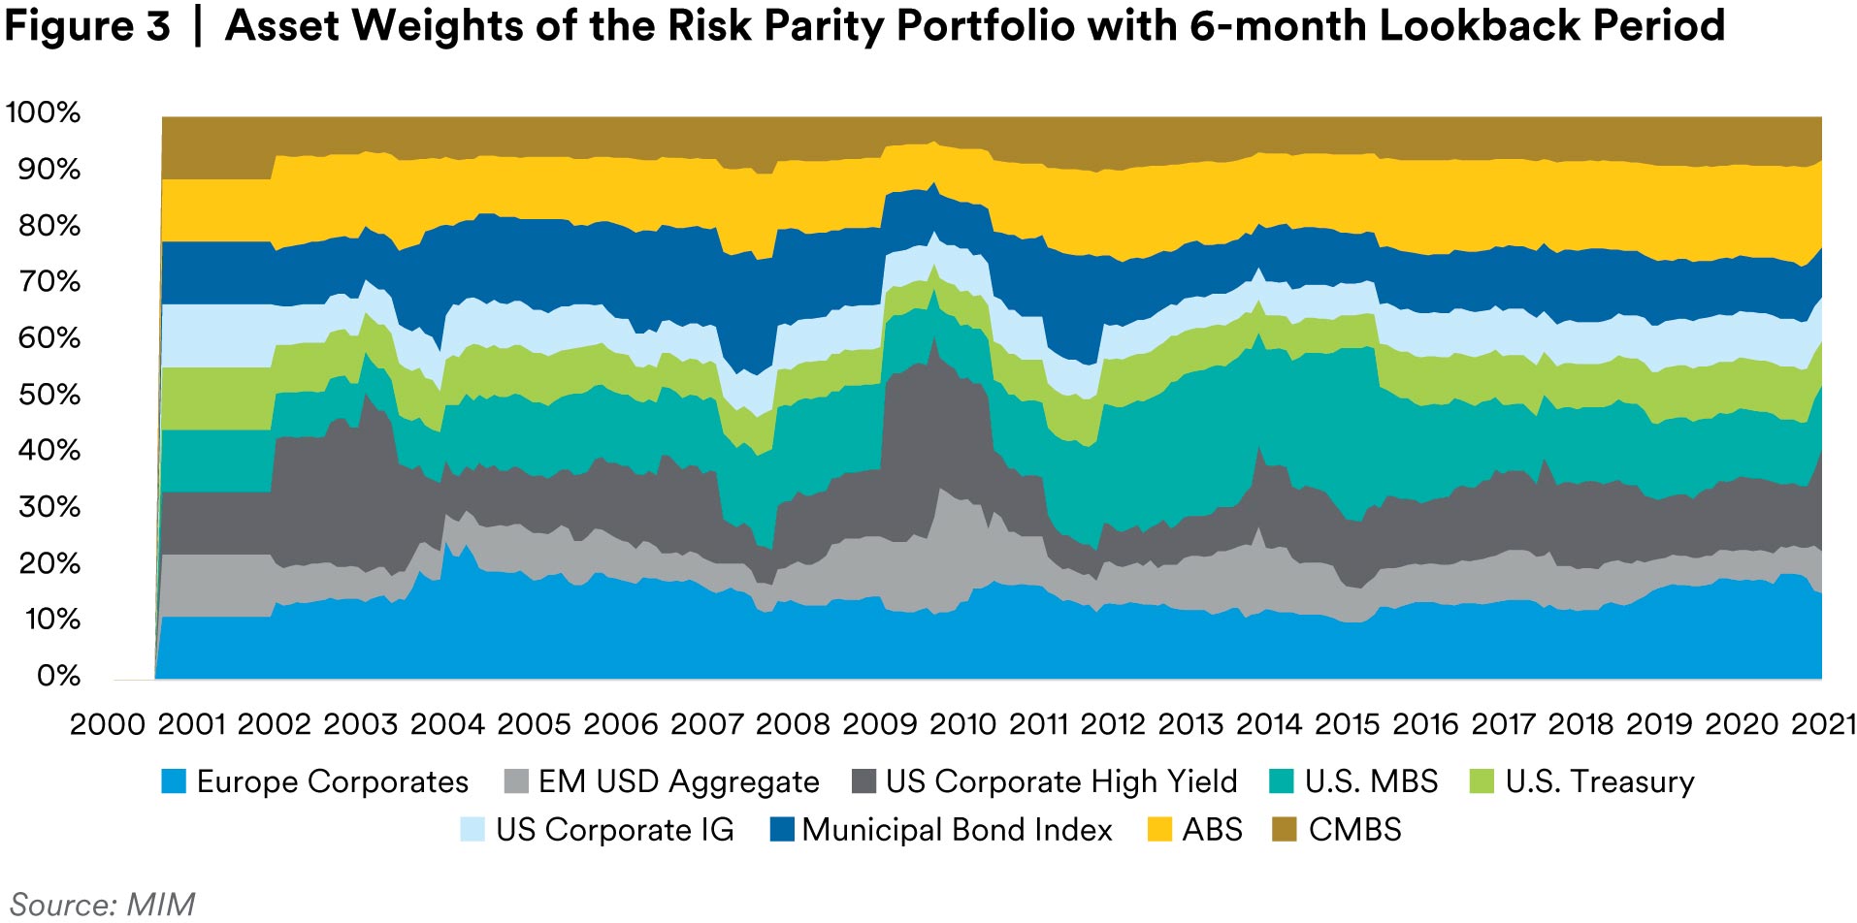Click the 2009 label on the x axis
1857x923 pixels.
[x=879, y=724]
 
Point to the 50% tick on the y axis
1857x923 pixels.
[x=49, y=395]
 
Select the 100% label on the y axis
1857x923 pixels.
[x=44, y=112]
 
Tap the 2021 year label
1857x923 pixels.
[x=1823, y=724]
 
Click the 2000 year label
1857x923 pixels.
[x=107, y=724]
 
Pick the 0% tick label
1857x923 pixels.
[x=58, y=676]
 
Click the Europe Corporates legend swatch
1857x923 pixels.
[x=174, y=781]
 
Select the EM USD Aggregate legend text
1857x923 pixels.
[x=678, y=781]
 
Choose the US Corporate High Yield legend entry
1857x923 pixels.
[x=1060, y=781]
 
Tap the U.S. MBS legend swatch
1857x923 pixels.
[x=1282, y=781]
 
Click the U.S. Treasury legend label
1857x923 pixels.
[x=1599, y=781]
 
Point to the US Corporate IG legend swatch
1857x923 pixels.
[x=472, y=830]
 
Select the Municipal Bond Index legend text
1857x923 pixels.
[x=957, y=830]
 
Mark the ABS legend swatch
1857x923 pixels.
[x=1159, y=830]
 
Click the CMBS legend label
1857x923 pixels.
[x=1354, y=830]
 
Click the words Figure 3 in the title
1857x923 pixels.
[x=87, y=26]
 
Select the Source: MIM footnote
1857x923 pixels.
[x=103, y=904]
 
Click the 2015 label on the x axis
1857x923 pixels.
[x=1347, y=724]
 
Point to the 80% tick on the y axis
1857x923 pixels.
[x=49, y=226]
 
